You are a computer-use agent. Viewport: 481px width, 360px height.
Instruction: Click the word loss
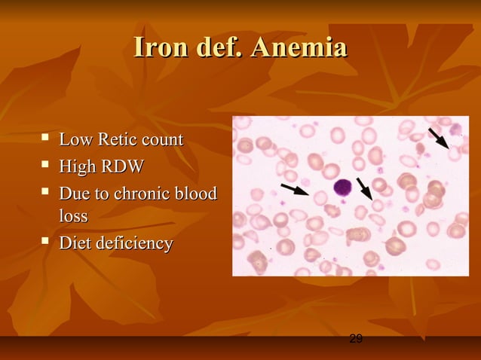pos(73,217)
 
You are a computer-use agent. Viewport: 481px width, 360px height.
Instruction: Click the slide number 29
pos(357,340)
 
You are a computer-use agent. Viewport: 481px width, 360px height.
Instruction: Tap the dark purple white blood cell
pos(343,188)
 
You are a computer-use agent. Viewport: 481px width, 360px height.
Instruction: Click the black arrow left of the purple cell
pos(294,188)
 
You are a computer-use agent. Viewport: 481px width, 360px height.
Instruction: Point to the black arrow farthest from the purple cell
pos(438,139)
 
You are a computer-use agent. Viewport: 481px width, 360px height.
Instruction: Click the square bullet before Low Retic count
pos(46,139)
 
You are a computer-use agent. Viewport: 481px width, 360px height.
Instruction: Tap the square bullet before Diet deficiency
pos(46,242)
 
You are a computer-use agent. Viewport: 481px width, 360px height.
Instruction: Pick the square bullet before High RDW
pos(46,165)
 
